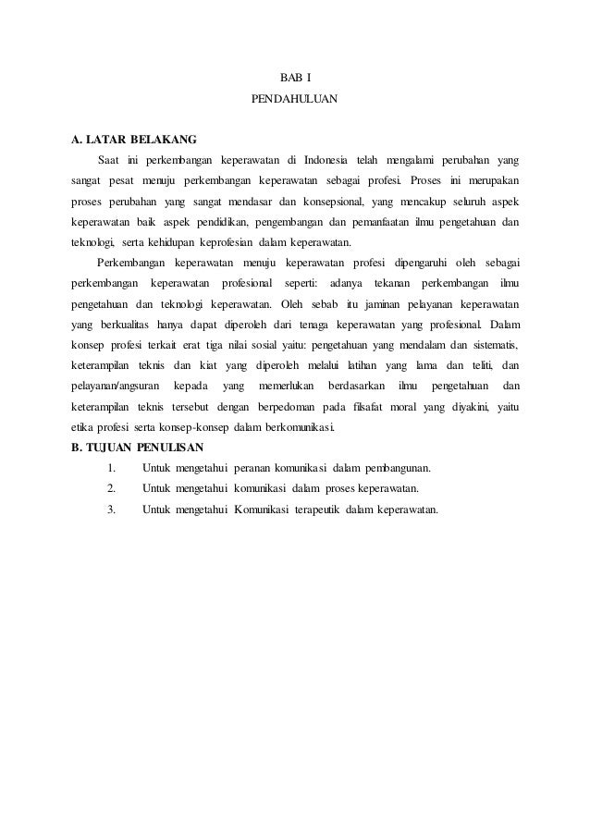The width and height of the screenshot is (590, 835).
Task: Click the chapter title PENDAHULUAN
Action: pos(295,96)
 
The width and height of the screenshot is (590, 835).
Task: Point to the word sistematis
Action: pos(486,346)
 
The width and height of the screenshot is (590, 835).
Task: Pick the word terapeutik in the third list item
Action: pos(309,510)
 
